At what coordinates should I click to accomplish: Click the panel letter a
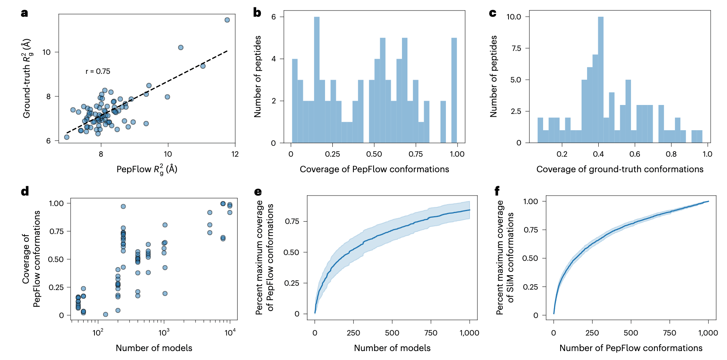tap(24, 13)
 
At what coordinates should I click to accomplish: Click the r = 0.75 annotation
tap(98, 72)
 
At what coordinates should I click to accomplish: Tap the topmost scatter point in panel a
tap(227, 20)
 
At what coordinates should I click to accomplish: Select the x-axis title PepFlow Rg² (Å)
tap(147, 170)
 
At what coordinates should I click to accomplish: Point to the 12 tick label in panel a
tap(235, 154)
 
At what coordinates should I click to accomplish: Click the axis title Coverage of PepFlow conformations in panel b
tap(374, 170)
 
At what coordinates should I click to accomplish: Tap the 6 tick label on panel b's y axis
tap(274, 17)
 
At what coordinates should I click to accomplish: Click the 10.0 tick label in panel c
tap(514, 17)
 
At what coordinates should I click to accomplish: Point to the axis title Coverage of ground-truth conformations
tap(620, 170)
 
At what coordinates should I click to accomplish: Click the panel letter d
tap(25, 191)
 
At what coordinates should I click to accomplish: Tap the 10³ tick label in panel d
tap(164, 332)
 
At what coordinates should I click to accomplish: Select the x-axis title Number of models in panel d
tap(154, 348)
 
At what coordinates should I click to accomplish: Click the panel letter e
tap(258, 192)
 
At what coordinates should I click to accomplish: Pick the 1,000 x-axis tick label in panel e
tap(469, 333)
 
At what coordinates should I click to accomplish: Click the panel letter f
tap(497, 191)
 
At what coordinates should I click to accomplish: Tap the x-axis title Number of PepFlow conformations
tap(631, 348)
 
